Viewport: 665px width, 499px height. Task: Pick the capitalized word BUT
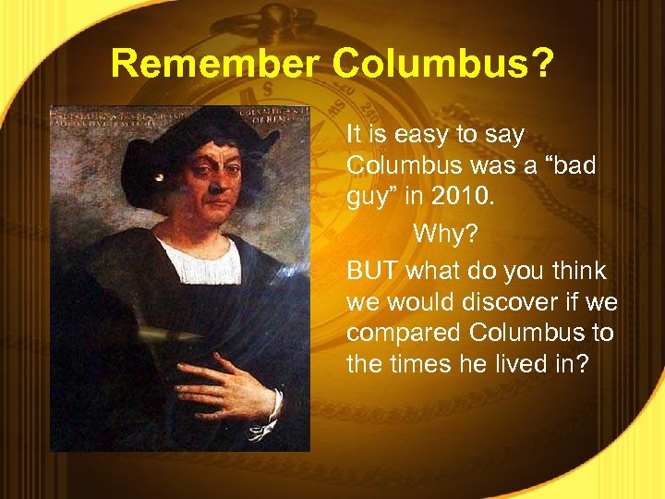coord(374,271)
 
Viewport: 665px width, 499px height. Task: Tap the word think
coord(575,271)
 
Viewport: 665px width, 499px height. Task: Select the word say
coord(504,135)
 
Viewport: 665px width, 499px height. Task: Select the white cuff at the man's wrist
coord(267,416)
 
